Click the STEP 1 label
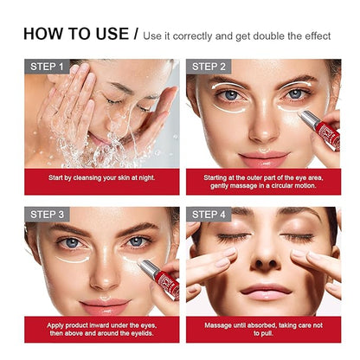click(x=48, y=67)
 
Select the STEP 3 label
click(x=48, y=215)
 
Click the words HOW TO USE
click(x=75, y=34)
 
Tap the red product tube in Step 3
click(x=164, y=284)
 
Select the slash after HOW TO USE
click(x=136, y=35)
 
